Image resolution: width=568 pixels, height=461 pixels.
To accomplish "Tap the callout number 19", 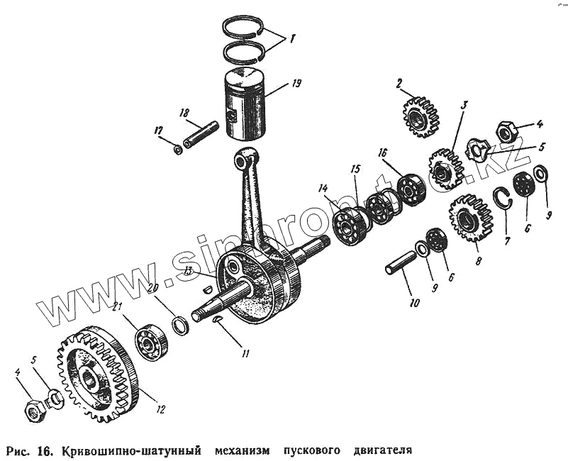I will coord(296,83).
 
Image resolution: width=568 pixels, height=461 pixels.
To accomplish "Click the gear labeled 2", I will coord(417,117).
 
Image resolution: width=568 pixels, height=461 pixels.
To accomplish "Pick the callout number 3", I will coord(464,105).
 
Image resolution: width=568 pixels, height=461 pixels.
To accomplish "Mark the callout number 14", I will coord(324,189).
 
